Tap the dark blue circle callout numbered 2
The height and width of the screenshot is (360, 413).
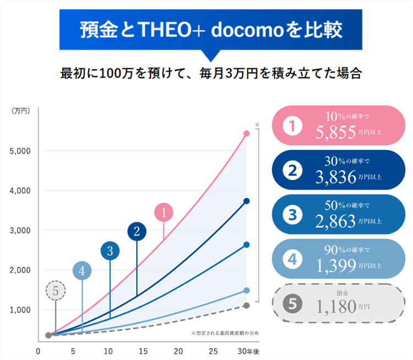coord(137,232)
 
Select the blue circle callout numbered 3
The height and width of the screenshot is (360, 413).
coord(110,251)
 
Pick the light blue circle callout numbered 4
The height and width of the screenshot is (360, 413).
coord(82,271)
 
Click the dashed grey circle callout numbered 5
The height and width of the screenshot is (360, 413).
coord(55,290)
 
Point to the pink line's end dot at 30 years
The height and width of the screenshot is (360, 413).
coord(247,134)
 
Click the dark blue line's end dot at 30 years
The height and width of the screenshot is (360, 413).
coord(247,201)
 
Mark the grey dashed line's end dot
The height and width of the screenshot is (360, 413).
coord(247,305)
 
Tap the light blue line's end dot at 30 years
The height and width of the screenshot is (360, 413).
coord(247,290)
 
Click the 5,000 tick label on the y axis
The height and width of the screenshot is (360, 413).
coord(20,150)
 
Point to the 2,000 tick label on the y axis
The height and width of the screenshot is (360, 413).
coord(20,270)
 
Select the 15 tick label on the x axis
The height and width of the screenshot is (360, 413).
coord(143,351)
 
